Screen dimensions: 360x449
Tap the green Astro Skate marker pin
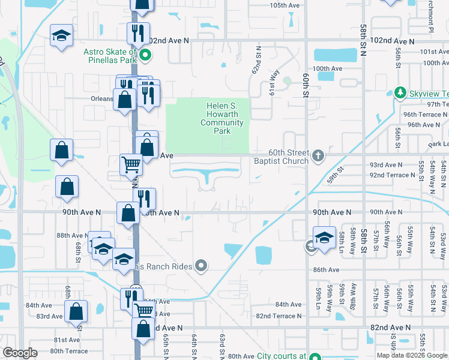click(x=145, y=57)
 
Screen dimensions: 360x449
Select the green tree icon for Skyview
click(x=400, y=93)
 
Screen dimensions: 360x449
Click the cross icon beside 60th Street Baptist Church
click(x=318, y=157)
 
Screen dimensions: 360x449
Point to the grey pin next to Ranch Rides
click(x=201, y=265)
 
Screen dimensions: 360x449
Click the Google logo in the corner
click(x=20, y=353)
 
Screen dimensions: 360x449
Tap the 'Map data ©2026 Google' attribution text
click(x=411, y=355)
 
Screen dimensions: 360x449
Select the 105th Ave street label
click(x=285, y=5)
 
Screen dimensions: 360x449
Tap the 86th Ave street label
click(x=327, y=271)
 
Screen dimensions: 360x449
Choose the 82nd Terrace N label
click(x=279, y=316)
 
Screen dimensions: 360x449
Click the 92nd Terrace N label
click(x=392, y=175)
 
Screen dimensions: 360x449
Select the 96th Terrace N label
click(x=426, y=114)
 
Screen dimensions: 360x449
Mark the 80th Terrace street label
click(x=69, y=351)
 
